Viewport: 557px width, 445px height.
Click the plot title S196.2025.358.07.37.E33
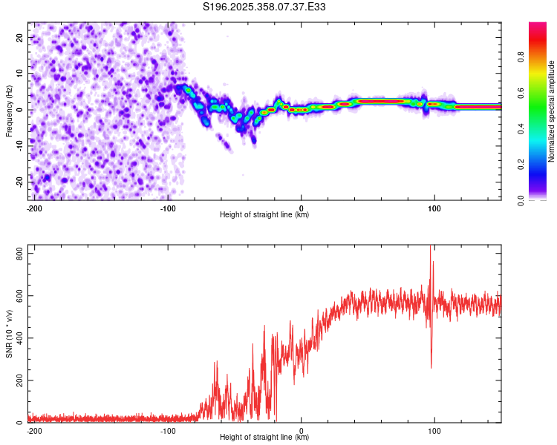[264, 7]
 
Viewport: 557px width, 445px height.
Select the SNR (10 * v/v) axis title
[10, 335]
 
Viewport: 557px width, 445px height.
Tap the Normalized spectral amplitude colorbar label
[552, 112]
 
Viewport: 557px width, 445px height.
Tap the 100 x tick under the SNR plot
[434, 430]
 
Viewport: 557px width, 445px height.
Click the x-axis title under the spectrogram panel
[264, 215]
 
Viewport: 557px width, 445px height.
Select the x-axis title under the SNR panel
[264, 438]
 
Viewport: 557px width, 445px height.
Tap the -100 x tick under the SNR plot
[167, 430]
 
